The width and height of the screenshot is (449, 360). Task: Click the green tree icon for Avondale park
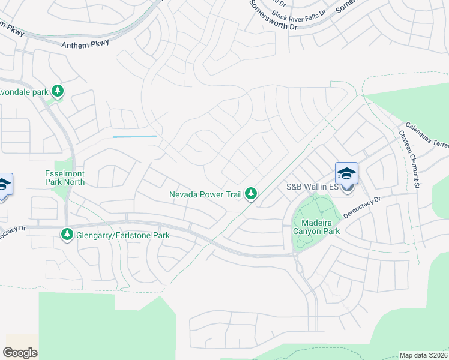(x=58, y=92)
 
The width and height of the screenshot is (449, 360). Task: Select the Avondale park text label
(x=24, y=92)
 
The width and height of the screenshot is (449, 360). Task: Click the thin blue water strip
(x=134, y=137)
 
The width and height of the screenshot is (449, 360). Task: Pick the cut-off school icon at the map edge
(x=4, y=185)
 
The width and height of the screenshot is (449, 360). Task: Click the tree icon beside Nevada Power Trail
(x=252, y=194)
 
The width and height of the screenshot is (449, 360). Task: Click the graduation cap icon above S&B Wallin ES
(x=347, y=173)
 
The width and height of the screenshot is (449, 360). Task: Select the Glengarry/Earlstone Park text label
(x=122, y=235)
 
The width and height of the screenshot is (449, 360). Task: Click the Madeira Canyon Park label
(x=316, y=226)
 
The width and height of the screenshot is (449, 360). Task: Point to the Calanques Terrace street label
(x=427, y=133)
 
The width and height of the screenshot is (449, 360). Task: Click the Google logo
(x=20, y=353)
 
